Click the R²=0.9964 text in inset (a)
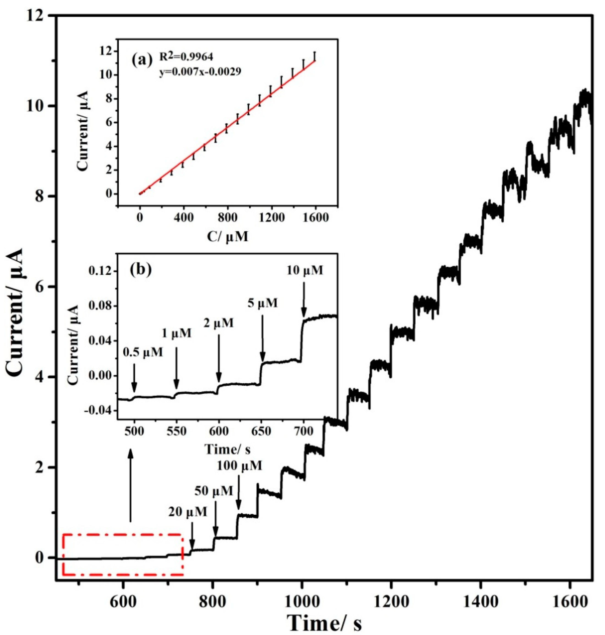point(186,57)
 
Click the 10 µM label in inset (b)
point(304,270)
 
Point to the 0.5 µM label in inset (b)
point(143,352)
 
